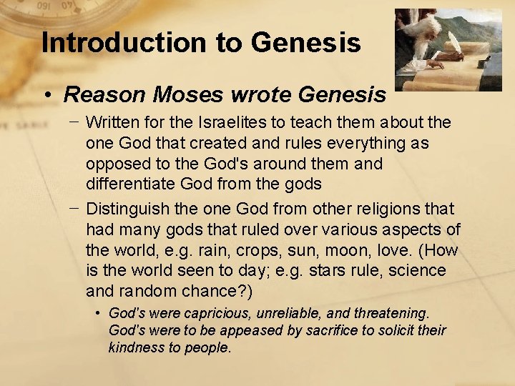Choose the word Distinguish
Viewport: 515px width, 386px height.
click(x=127, y=209)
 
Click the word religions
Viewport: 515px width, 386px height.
click(x=390, y=209)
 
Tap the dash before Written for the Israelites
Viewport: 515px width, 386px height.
click(x=74, y=123)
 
